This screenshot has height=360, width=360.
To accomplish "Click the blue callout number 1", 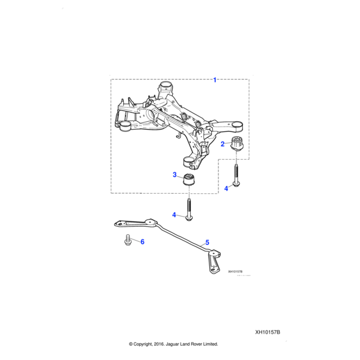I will [215, 80].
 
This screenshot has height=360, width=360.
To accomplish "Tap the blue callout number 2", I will [223, 144].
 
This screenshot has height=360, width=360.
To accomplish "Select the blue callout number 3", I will [175, 175].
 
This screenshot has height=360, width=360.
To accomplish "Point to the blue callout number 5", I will [207, 242].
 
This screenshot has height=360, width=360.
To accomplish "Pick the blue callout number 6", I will [143, 242].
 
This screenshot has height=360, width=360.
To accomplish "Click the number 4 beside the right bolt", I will [226, 188].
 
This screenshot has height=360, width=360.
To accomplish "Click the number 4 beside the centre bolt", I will [175, 215].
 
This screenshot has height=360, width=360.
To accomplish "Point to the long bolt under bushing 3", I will [190, 207].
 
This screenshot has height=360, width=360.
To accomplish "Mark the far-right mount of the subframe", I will [236, 126].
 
